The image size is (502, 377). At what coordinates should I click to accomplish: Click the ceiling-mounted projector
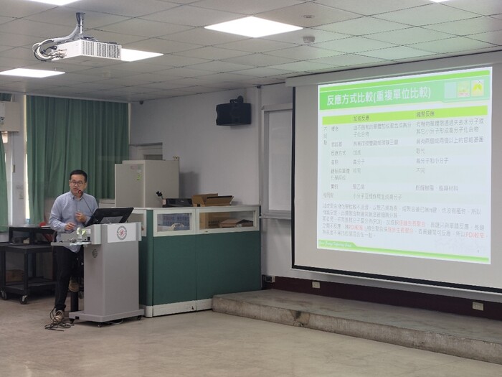tap(86, 49)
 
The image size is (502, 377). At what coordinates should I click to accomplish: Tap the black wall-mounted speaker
tap(234, 112)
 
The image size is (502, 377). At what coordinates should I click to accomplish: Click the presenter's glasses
tap(77, 183)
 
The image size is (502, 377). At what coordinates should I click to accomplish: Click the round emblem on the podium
tap(121, 233)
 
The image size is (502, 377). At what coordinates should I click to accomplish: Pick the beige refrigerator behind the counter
tap(147, 182)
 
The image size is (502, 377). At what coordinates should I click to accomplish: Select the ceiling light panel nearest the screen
tap(253, 27)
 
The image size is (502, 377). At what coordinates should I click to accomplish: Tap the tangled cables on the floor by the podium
tap(60, 319)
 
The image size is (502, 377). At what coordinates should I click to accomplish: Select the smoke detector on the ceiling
tap(308, 39)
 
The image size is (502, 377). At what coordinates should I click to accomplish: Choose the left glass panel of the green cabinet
tap(174, 222)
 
